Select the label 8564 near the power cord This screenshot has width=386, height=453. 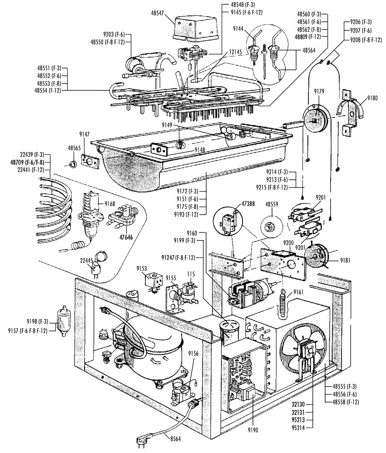click(175, 439)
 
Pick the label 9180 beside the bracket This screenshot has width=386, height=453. click(372, 98)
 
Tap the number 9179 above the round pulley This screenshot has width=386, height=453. click(319, 92)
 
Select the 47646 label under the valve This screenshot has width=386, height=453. click(126, 237)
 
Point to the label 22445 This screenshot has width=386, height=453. click(86, 260)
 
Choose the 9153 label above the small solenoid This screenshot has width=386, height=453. click(142, 268)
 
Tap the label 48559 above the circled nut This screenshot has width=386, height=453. click(272, 204)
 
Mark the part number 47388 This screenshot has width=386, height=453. click(248, 204)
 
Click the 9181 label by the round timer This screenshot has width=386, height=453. click(345, 260)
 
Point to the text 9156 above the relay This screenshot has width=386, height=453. click(193, 353)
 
